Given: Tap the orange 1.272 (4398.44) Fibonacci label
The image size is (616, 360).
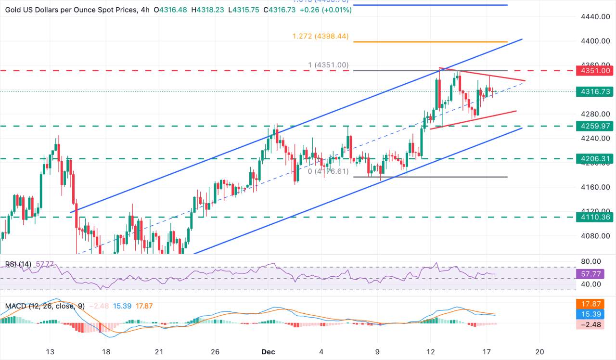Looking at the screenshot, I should click(321, 36).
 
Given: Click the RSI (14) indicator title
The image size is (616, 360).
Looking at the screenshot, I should click(18, 264).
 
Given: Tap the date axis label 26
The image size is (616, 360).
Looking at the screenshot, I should click(215, 352).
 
